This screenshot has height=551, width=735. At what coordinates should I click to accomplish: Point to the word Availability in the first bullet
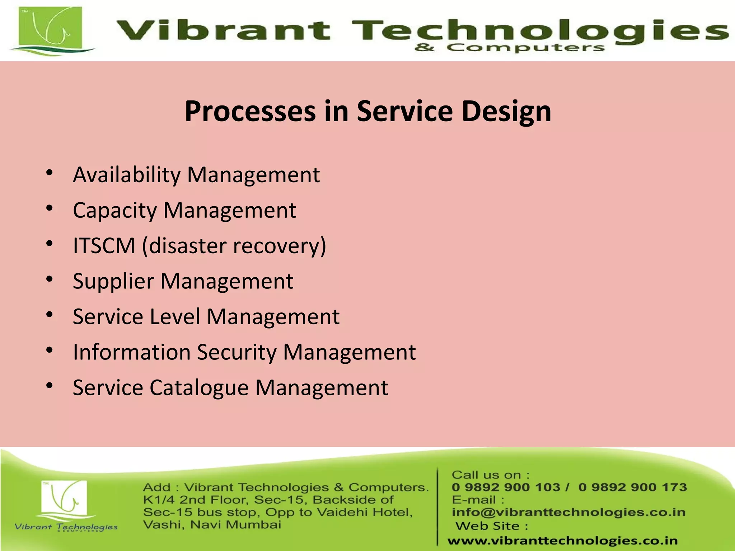point(127,175)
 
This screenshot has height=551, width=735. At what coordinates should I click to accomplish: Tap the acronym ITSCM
point(104,246)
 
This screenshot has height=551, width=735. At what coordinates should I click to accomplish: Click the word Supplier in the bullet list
point(113,282)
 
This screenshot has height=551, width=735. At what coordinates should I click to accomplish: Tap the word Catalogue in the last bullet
point(199,388)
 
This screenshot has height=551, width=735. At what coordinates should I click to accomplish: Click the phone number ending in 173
point(632,487)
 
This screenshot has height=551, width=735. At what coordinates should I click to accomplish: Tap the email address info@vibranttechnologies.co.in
point(568,512)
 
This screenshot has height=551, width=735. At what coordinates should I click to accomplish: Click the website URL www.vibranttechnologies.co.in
point(562,541)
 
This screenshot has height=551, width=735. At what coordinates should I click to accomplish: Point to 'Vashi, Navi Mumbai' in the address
point(212,525)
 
